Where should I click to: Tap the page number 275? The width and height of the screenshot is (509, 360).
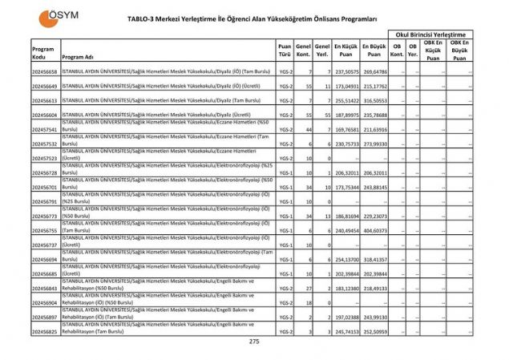click(254, 342)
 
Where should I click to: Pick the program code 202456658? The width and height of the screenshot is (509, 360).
click(44, 71)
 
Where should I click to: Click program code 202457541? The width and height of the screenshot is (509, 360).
click(44, 129)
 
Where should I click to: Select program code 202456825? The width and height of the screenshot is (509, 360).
click(44, 331)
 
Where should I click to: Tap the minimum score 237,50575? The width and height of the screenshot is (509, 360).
click(346, 71)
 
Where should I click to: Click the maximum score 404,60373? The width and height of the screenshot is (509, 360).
click(374, 230)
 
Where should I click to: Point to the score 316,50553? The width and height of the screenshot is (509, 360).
click(374, 100)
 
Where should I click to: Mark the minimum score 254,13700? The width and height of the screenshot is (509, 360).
click(346, 259)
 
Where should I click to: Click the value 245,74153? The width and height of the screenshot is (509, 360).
click(346, 331)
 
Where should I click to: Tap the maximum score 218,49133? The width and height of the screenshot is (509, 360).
click(374, 288)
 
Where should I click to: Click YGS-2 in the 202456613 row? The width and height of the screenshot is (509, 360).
click(285, 100)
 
